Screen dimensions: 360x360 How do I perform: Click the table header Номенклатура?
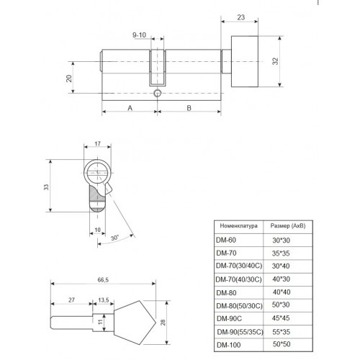pyautogui.click(x=239, y=225)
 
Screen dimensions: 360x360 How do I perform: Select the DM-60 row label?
pyautogui.click(x=226, y=240)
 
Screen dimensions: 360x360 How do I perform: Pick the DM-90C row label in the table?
pyautogui.click(x=229, y=318)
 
